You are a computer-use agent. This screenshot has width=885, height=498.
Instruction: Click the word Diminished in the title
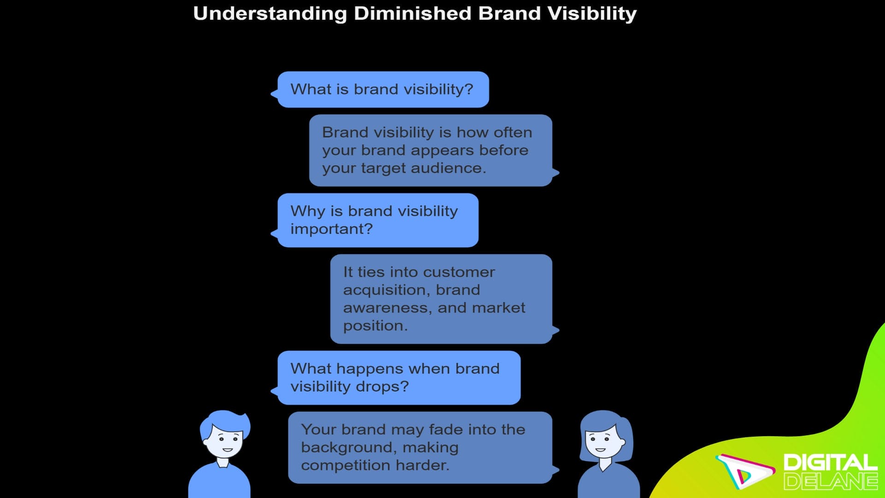click(412, 14)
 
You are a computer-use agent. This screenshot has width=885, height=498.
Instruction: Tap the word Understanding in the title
click(270, 14)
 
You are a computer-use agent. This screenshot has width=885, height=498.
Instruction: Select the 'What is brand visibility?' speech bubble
click(383, 89)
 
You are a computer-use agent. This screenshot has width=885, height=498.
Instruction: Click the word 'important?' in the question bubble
click(331, 229)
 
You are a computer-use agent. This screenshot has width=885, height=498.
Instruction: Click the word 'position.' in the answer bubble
click(375, 326)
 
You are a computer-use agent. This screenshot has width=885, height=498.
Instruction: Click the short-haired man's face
click(224, 440)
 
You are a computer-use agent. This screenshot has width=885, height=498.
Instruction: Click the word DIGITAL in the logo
click(830, 462)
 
